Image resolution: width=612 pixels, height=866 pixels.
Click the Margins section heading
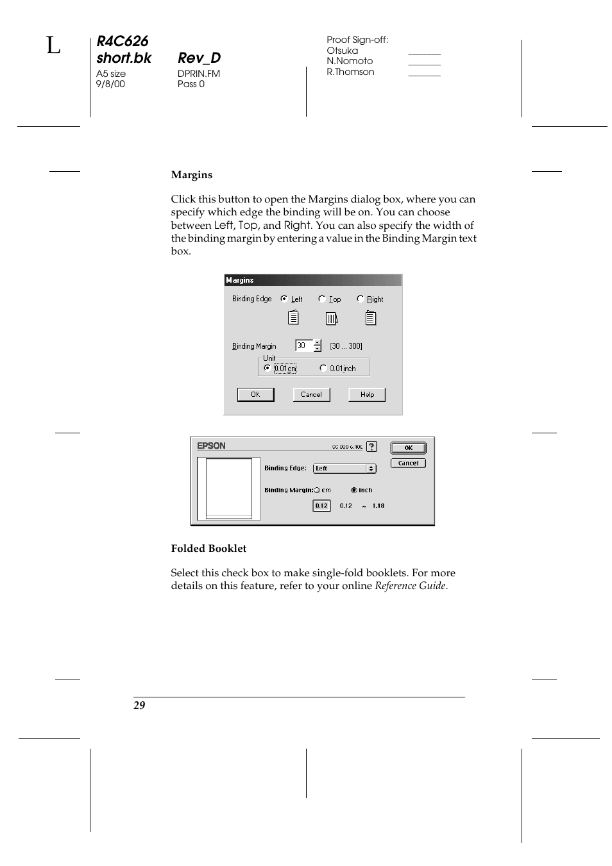(191, 175)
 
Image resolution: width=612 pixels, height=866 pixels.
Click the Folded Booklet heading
(208, 549)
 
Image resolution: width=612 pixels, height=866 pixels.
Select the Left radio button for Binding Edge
(284, 299)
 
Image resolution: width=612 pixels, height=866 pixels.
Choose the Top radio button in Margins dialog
(322, 299)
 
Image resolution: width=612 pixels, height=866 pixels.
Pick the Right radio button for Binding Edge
(361, 299)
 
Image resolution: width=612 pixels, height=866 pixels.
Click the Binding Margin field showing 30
(303, 346)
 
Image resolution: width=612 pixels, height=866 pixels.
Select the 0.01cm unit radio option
(268, 368)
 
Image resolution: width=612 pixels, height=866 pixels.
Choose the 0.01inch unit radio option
(323, 368)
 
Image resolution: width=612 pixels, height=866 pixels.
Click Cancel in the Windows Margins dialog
(311, 395)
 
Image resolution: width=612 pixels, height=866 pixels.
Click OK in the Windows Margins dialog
(255, 395)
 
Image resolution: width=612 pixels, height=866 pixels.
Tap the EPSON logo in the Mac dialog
(211, 446)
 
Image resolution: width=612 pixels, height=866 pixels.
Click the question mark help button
(371, 447)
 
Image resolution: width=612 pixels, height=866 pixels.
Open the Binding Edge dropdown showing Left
(344, 469)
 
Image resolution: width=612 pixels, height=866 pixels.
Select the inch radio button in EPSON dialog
(354, 490)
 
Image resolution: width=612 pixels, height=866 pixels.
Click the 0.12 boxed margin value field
(321, 506)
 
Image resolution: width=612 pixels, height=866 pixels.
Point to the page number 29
(139, 705)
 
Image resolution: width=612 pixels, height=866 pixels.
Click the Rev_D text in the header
(199, 58)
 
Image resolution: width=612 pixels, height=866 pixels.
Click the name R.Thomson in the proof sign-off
(350, 72)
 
